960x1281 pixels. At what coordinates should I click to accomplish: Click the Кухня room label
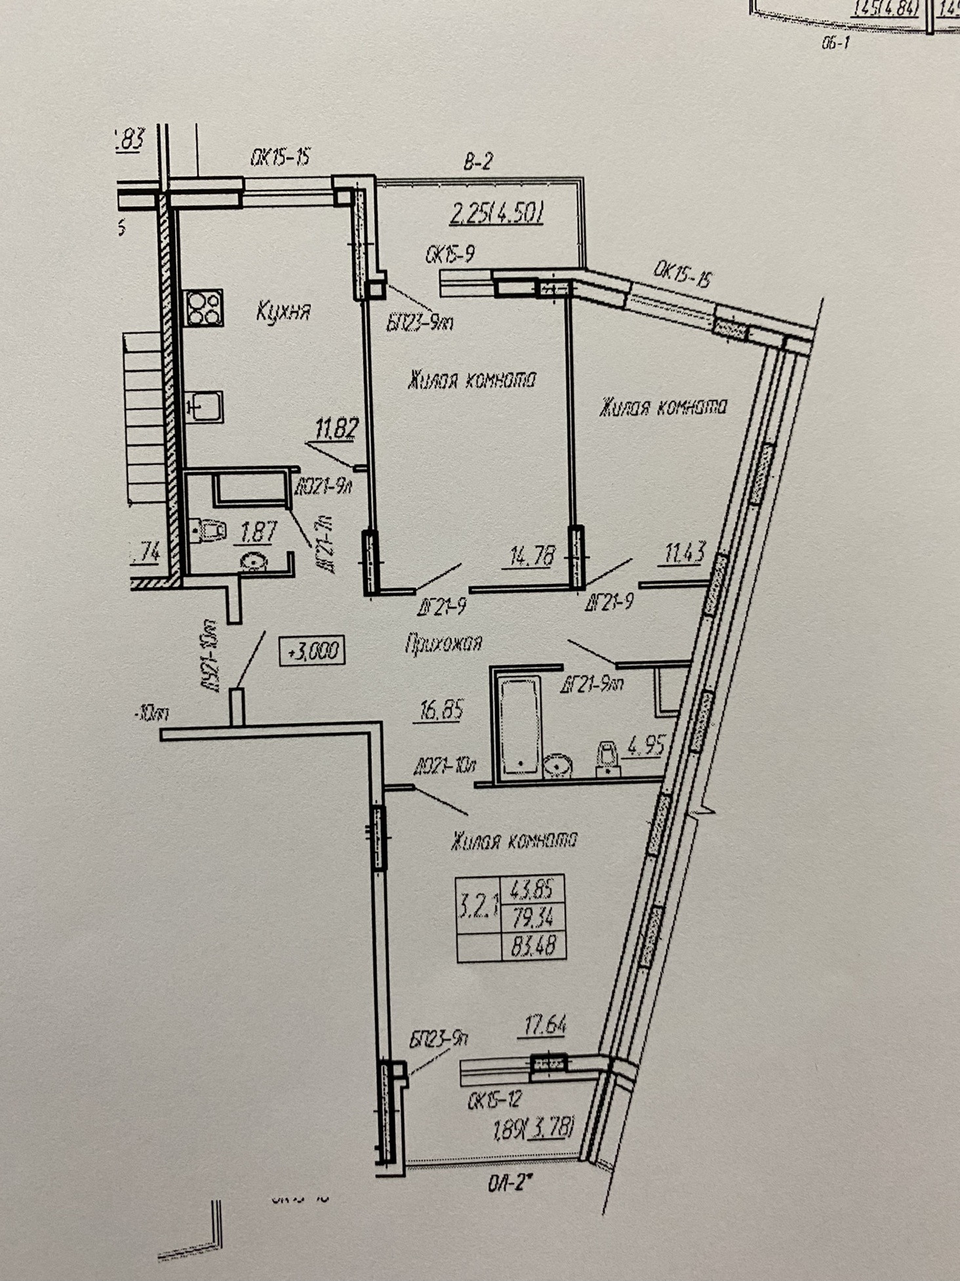click(283, 312)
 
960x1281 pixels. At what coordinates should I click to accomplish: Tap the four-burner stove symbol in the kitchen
click(203, 307)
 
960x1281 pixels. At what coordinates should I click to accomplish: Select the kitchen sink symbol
click(205, 407)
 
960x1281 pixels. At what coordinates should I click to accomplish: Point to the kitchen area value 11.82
click(336, 430)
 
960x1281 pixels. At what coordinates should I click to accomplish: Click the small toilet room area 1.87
click(259, 532)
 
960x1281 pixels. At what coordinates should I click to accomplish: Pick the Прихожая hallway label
click(443, 643)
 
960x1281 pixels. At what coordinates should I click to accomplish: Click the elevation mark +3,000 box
click(312, 651)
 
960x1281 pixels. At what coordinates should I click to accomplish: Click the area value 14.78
click(532, 557)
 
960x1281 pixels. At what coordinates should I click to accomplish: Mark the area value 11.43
click(684, 554)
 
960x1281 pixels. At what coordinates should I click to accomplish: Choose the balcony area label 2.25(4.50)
click(497, 213)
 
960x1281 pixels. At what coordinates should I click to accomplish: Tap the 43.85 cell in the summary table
click(532, 890)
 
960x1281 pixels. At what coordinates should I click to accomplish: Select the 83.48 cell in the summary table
click(533, 945)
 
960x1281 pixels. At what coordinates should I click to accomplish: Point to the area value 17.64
click(545, 1025)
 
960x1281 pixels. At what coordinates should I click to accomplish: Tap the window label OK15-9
click(450, 255)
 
